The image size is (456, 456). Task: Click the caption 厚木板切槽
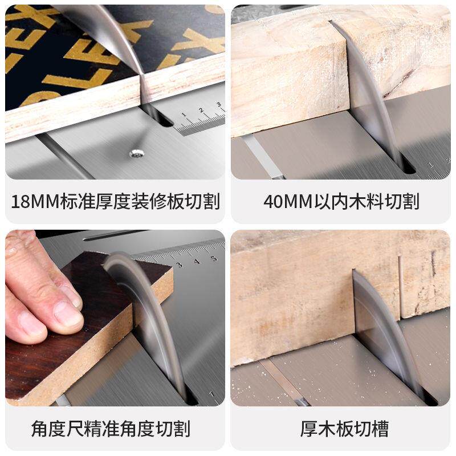341,428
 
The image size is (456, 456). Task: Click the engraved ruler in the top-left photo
199,120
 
